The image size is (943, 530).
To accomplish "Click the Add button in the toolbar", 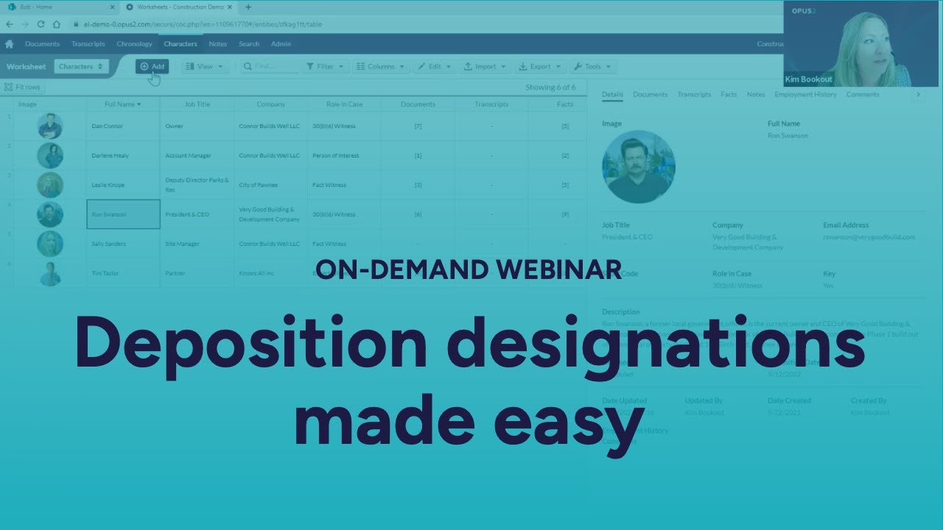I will (x=153, y=66).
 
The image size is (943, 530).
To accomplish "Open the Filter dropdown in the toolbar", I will (x=325, y=66).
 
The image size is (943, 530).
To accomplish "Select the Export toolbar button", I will (x=540, y=66).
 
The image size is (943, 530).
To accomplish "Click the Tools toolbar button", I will (x=592, y=66).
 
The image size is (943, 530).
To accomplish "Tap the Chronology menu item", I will (x=134, y=44).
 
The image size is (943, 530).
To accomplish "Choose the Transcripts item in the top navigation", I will (x=88, y=44).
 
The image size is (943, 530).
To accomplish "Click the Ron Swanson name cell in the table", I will (x=123, y=214).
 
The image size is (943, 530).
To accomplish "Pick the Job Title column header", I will (x=197, y=105).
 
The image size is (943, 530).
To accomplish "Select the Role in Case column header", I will (x=344, y=105).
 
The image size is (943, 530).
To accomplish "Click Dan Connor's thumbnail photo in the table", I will (x=50, y=126).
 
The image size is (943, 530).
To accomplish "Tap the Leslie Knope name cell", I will (x=123, y=185).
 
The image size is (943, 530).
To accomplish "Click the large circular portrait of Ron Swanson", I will (x=638, y=167).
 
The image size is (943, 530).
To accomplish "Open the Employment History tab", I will (x=805, y=94).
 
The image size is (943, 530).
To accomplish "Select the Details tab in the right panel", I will (x=612, y=94).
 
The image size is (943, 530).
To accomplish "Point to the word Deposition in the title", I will (x=250, y=344).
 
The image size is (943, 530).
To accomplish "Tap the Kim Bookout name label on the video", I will (x=808, y=79).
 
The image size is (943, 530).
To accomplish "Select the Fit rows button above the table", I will (x=23, y=87).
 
